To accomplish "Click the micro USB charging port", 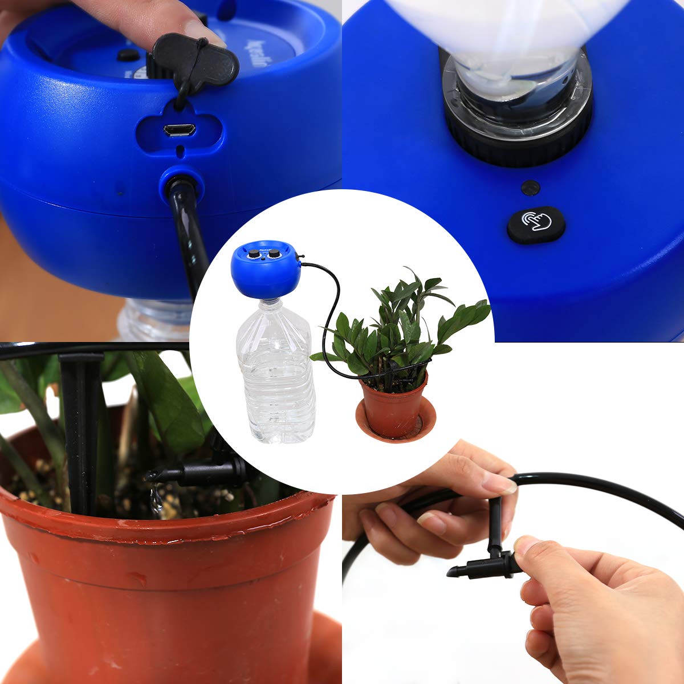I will (x=180, y=130).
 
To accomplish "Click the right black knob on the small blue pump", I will (x=274, y=253).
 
